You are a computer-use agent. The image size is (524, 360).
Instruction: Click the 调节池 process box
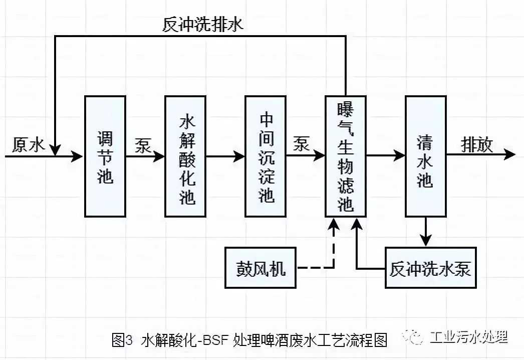coord(105,156)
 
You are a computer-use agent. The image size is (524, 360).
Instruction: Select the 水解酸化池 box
coord(185,156)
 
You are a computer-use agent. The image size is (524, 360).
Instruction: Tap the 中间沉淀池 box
coord(266,156)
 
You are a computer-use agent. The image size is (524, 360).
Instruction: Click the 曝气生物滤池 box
coord(346,156)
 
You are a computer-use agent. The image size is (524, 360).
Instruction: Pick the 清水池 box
coord(426,156)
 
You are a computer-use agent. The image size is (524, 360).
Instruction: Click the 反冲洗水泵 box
coord(430,268)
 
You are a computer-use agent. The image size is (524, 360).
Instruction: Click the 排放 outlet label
coord(477,145)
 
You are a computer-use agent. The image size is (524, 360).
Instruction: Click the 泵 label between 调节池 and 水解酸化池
coord(143,145)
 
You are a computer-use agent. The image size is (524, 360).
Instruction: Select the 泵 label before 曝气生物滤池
coord(302,145)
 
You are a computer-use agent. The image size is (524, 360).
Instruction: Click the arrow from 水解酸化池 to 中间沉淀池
coord(225,156)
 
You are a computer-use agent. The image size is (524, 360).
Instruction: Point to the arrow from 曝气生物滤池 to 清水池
coord(386,156)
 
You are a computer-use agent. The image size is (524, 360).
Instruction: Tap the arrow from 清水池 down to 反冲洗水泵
coord(426,232)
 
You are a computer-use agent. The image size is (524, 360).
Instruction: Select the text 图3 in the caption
coord(122,340)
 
